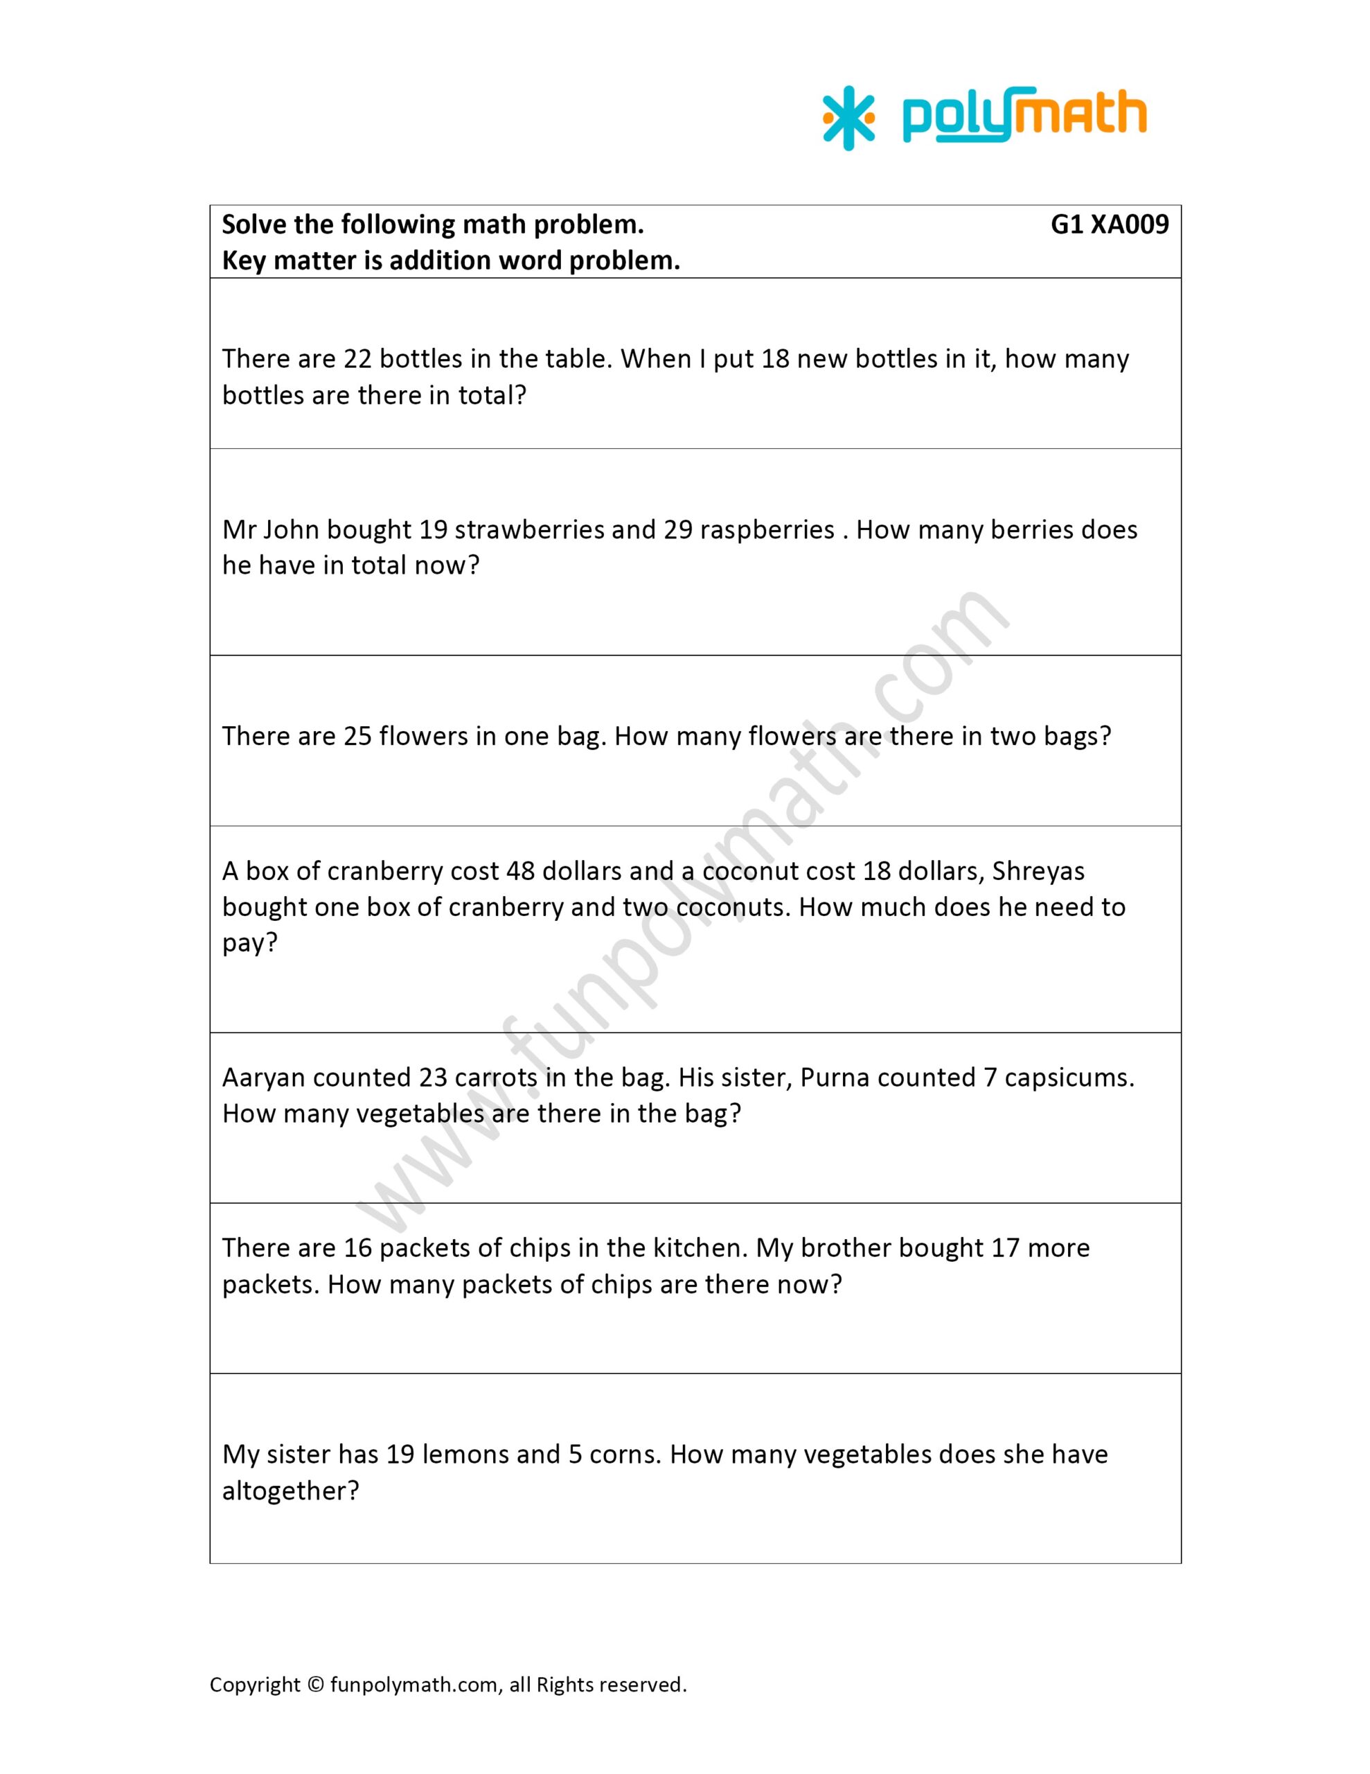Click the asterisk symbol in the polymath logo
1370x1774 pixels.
(x=848, y=118)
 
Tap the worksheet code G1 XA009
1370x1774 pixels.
(x=1110, y=225)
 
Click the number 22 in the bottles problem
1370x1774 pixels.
(x=357, y=359)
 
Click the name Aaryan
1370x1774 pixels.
(x=263, y=1077)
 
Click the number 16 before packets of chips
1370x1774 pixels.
(x=357, y=1247)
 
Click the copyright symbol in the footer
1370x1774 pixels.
(x=315, y=1685)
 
